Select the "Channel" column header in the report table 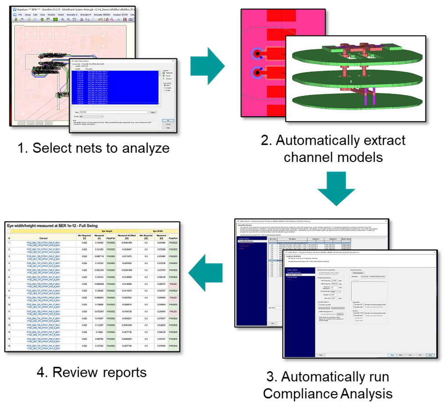(43, 238)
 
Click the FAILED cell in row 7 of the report (174, 284)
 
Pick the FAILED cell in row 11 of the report (174, 312)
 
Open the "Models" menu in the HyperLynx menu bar (51, 15)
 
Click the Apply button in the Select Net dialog (153, 112)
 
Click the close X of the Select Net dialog (173, 61)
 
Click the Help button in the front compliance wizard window (430, 354)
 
